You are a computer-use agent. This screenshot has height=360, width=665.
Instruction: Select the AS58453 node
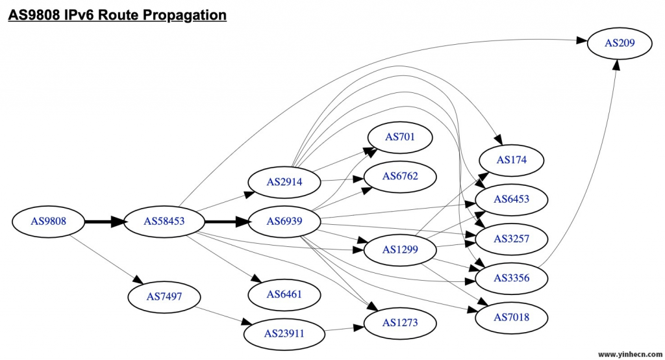click(164, 221)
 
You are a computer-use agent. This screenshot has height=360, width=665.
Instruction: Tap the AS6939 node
click(284, 221)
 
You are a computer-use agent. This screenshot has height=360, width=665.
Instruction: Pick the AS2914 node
click(284, 181)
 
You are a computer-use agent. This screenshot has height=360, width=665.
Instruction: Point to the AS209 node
click(620, 43)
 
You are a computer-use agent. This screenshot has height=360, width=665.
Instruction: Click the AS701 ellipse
click(399, 136)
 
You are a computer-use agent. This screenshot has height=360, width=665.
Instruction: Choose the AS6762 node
click(399, 176)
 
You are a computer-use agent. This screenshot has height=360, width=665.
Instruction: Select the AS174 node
click(511, 159)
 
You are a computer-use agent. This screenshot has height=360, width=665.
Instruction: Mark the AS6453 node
click(511, 199)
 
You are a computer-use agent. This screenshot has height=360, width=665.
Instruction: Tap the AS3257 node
click(511, 238)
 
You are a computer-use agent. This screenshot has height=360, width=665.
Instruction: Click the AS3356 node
click(511, 278)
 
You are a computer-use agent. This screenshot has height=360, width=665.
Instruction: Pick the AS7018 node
click(511, 318)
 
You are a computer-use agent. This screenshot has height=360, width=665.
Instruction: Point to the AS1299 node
click(399, 249)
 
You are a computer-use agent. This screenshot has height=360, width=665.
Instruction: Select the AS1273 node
click(399, 323)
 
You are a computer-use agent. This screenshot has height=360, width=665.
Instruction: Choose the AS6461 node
click(284, 294)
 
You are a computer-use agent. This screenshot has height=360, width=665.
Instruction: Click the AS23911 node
click(284, 334)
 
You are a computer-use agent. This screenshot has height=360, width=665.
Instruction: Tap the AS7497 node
click(164, 296)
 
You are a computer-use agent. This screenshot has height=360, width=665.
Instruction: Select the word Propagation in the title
click(182, 14)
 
